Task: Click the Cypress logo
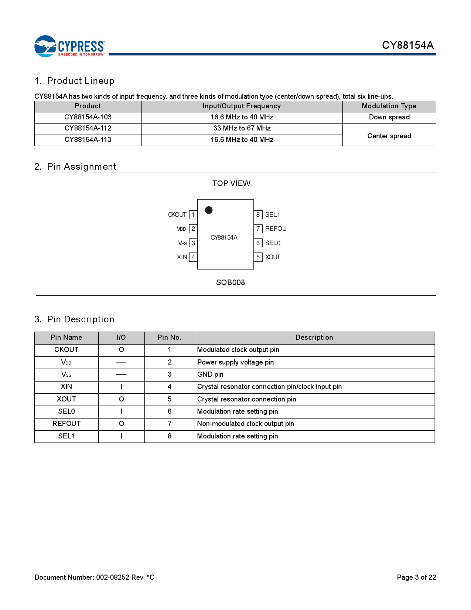69,46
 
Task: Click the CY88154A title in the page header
407,45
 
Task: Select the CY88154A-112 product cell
88,128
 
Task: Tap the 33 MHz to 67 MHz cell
242,128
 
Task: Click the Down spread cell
389,117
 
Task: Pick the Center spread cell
389,136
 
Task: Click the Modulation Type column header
389,106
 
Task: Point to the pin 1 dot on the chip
209,210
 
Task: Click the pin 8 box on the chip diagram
258,214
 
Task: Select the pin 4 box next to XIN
193,257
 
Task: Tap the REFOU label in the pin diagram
276,228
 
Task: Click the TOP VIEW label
231,183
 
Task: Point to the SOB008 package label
231,282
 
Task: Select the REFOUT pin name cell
66,424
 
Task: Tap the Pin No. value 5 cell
170,399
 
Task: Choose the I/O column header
121,338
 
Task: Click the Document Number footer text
95,577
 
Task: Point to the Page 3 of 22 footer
416,577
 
